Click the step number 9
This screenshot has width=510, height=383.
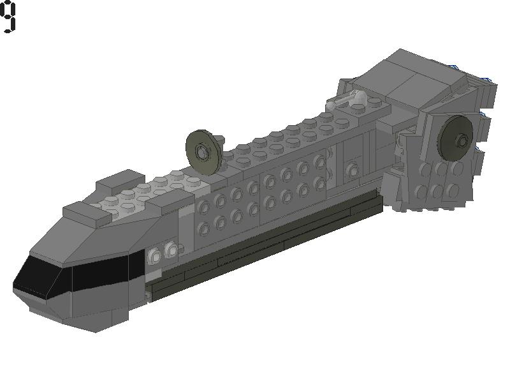(x=7, y=17)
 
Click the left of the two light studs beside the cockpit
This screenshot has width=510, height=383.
(x=156, y=257)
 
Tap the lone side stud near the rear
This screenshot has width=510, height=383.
(x=353, y=170)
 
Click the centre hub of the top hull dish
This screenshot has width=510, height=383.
(x=203, y=151)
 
